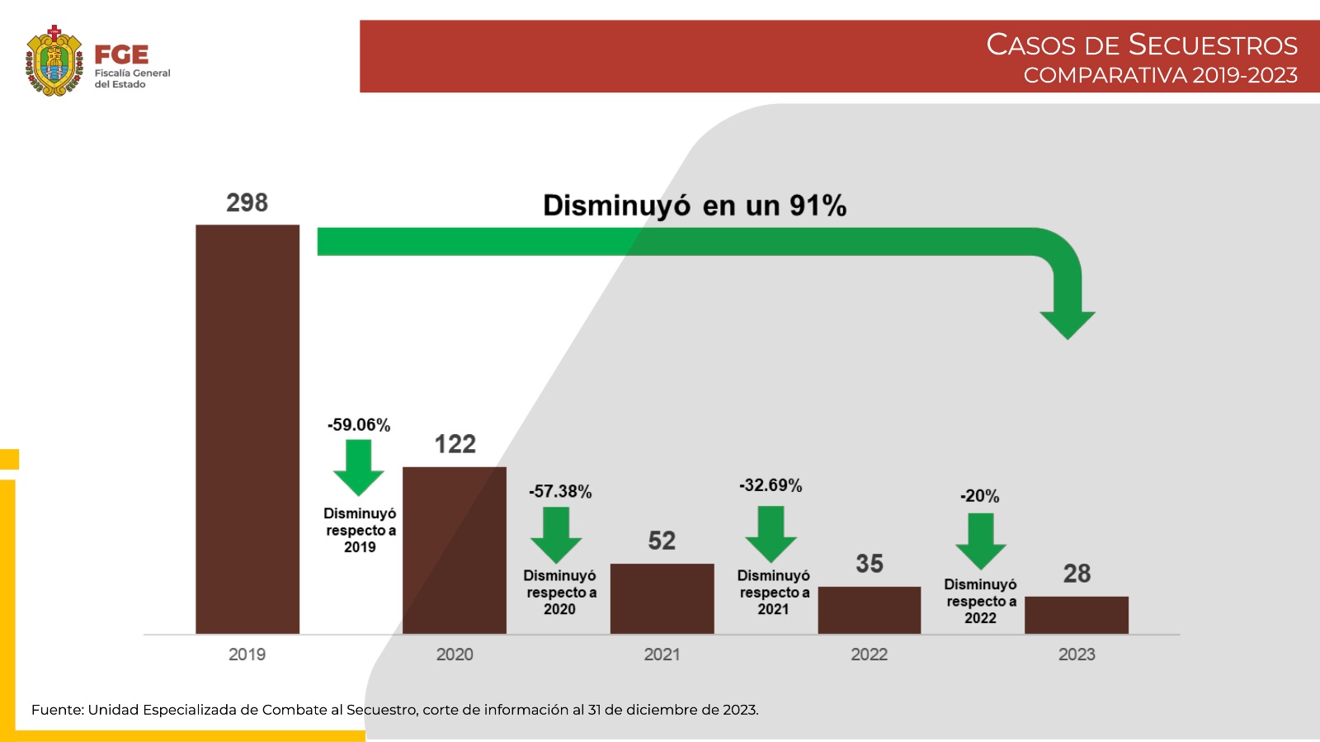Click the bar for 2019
tap(247, 429)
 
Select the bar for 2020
tap(455, 551)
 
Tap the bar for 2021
tap(662, 598)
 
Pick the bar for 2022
tap(869, 610)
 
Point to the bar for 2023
tap(1076, 615)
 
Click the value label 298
tap(247, 203)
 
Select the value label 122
tap(455, 445)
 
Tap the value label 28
tap(1077, 574)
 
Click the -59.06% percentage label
tap(359, 425)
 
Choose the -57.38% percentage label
tap(560, 492)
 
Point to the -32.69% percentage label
tap(771, 485)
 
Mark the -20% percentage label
tap(979, 496)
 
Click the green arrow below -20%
tap(981, 541)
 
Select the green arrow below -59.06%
tap(359, 467)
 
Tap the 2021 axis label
tap(662, 655)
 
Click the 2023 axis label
tap(1077, 655)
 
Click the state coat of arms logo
tap(54, 61)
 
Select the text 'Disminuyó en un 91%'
tap(695, 206)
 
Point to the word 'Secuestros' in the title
tap(1213, 45)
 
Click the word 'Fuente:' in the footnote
tap(58, 710)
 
